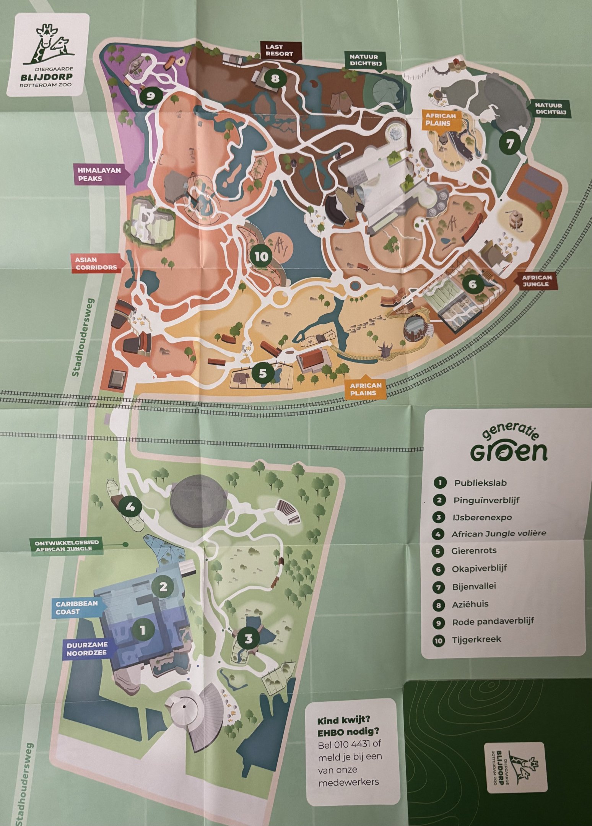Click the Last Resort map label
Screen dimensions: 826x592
click(x=279, y=50)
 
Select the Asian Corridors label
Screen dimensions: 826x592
click(x=96, y=263)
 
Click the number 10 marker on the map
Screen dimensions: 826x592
click(x=262, y=257)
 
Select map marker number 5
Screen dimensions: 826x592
click(x=262, y=373)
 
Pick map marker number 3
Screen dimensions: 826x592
click(x=249, y=638)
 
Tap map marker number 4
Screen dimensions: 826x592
click(x=130, y=507)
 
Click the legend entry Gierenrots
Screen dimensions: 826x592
click(x=473, y=551)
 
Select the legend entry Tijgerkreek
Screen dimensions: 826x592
click(x=476, y=639)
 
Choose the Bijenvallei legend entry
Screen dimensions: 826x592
click(x=474, y=587)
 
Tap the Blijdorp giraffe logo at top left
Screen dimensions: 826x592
click(x=48, y=54)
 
